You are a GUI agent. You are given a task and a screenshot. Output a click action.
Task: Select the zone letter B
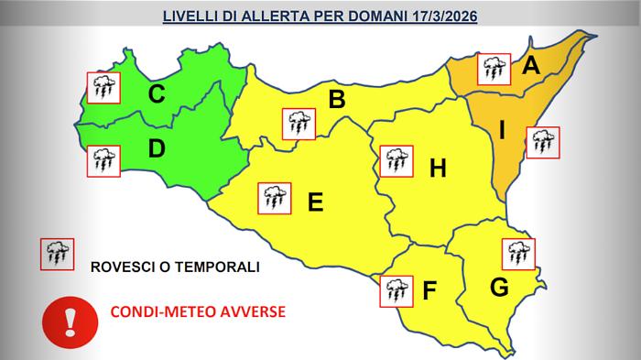click(x=337, y=100)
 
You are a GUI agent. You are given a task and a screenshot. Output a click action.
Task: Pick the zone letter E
click(x=316, y=202)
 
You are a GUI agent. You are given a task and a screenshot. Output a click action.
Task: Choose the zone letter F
click(x=429, y=292)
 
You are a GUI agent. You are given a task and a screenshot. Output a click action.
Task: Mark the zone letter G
click(x=499, y=288)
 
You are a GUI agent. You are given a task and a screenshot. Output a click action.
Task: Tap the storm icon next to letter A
click(x=495, y=68)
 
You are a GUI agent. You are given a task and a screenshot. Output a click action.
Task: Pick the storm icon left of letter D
click(x=102, y=161)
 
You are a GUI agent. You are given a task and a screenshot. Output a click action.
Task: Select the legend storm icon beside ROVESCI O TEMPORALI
click(x=57, y=254)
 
